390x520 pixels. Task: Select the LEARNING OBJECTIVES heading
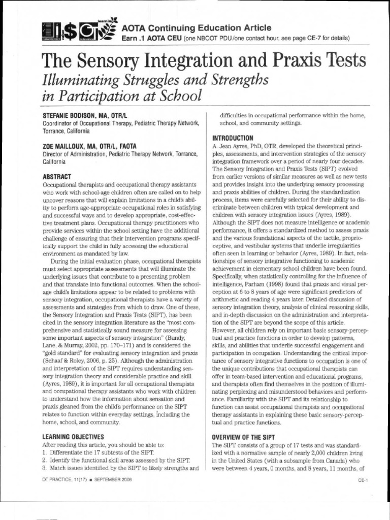point(74,436)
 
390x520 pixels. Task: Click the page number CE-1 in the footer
point(362,479)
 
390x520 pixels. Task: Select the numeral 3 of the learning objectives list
point(45,468)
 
